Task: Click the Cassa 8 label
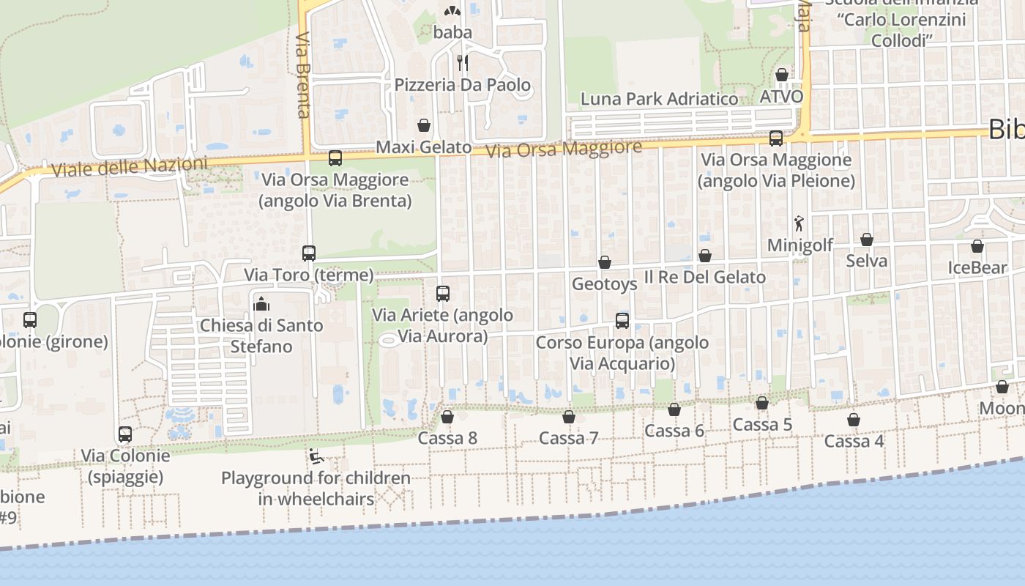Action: coord(447,438)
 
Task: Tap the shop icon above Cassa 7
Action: coord(569,418)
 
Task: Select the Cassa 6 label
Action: coord(674,431)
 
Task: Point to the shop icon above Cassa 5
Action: coord(762,403)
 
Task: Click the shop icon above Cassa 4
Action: coord(854,420)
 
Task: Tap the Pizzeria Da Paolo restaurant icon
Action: coord(462,62)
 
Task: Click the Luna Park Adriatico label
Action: coord(659,99)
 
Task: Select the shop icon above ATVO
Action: coord(782,75)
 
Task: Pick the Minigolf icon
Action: coord(799,222)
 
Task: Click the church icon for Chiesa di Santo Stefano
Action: coord(261,303)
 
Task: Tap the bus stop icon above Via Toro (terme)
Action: coord(309,253)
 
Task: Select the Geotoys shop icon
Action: coord(605,262)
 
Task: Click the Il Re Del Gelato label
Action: coord(704,277)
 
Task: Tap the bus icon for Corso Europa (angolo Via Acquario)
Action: coord(622,320)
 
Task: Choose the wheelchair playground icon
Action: coord(316,456)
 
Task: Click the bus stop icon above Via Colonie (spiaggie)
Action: coord(125,434)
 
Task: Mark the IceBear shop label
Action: coord(977,268)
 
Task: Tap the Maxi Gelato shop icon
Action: coord(423,125)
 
